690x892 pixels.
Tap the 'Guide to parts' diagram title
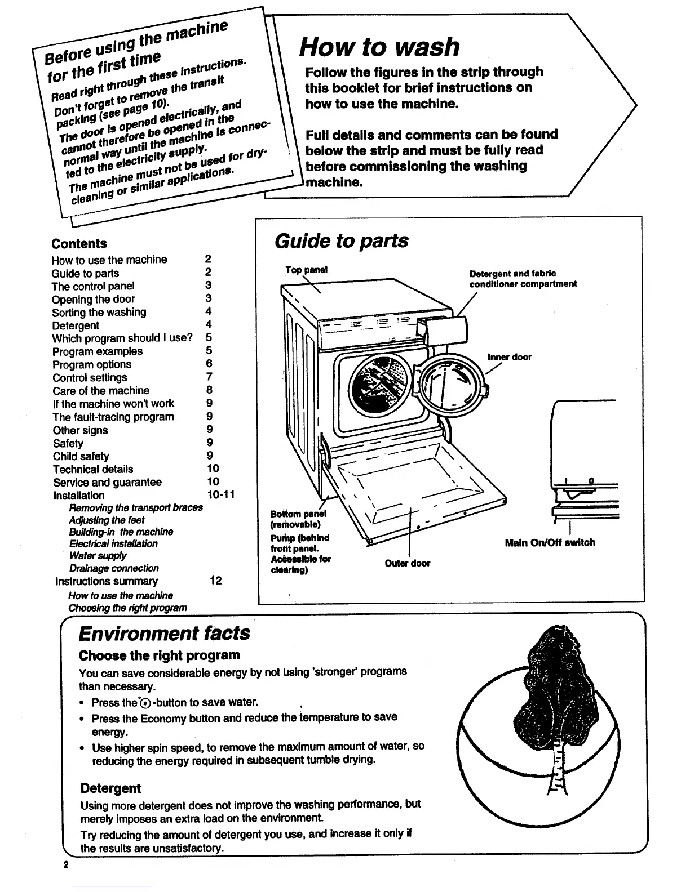[341, 240]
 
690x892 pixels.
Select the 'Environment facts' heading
[164, 633]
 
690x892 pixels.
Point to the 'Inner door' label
[509, 357]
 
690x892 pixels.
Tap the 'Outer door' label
[407, 563]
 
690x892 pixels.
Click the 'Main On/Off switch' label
[550, 542]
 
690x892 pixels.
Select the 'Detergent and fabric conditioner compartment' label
[523, 279]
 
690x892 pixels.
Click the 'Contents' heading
[79, 243]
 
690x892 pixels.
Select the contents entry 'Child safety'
[81, 456]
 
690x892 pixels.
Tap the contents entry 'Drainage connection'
[114, 568]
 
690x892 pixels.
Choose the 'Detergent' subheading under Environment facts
[110, 788]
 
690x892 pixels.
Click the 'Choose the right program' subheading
[160, 655]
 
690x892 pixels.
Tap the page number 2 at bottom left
[66, 864]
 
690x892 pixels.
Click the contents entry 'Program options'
[92, 364]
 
